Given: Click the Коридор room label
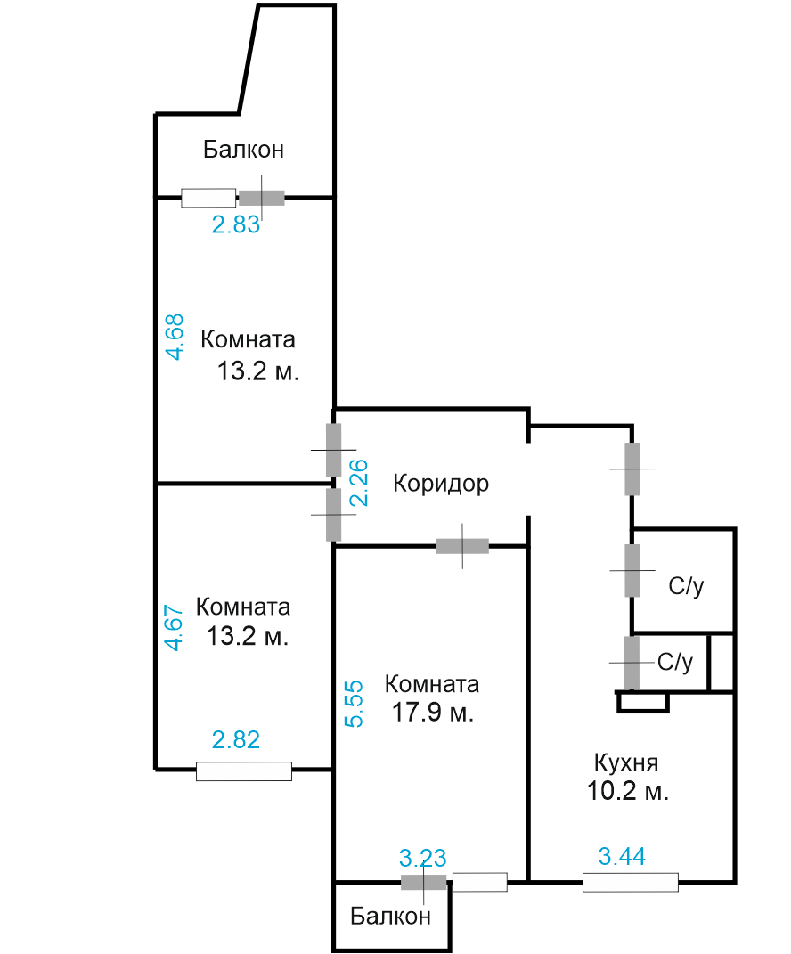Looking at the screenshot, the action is coord(441,484).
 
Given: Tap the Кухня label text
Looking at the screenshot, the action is coord(626,763).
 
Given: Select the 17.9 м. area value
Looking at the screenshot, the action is coord(433,712).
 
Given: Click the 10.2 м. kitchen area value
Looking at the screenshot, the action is coord(627,791).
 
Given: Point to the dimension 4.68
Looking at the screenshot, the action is coord(175,337).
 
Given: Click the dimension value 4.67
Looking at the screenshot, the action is coord(174,627).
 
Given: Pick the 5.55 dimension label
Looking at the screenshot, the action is coord(354,704).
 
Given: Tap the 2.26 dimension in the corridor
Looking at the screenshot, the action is coord(358,483).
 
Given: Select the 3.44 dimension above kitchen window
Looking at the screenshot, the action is coord(622,857).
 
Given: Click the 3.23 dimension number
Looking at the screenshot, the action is coord(423,859).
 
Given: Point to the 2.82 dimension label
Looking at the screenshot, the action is coord(236,740).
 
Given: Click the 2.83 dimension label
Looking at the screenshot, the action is coord(236,224).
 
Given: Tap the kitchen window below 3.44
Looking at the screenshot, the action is coord(631,882).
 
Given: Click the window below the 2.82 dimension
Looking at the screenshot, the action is coord(244,771).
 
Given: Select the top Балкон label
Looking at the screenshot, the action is coord(243,149).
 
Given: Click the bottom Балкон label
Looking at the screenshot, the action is coord(391,916).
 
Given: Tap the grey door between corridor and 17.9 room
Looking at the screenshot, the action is coord(462,546).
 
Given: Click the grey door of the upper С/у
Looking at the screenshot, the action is coord(632,570).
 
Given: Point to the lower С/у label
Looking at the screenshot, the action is coord(675,661).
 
